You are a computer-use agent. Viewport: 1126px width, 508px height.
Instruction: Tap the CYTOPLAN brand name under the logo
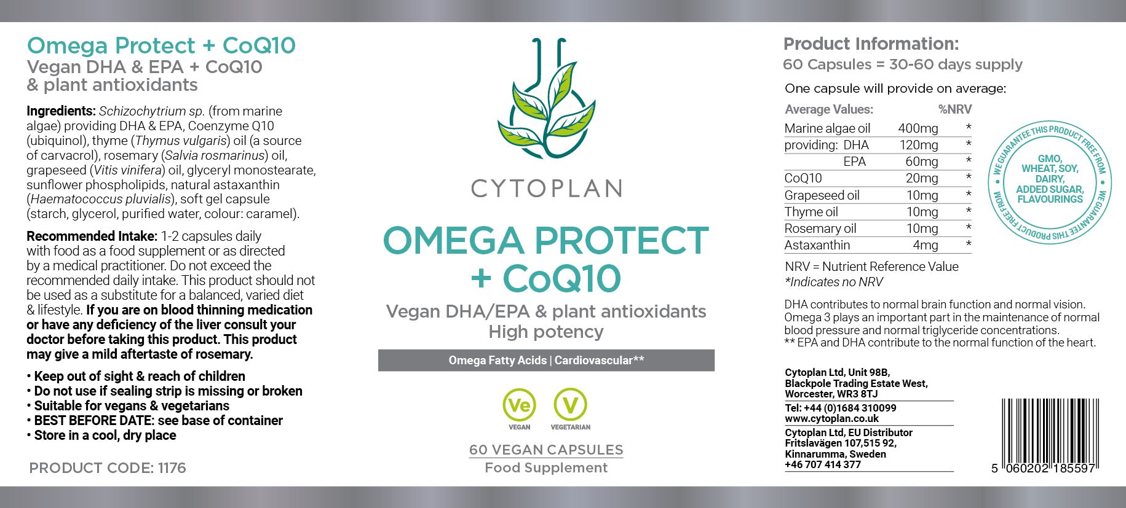click(547, 189)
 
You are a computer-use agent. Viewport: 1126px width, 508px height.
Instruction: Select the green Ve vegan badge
click(520, 409)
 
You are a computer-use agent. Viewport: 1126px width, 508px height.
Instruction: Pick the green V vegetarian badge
click(571, 409)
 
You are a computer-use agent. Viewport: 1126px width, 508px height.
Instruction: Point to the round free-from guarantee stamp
click(1050, 181)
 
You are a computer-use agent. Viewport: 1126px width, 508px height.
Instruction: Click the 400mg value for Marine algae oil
click(918, 128)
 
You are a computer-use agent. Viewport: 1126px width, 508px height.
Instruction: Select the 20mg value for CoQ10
click(922, 178)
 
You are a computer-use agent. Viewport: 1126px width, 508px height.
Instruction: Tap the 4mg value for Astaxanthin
click(926, 245)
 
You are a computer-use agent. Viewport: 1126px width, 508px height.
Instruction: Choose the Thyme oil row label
click(811, 212)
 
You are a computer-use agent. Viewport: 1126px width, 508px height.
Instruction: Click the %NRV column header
click(955, 109)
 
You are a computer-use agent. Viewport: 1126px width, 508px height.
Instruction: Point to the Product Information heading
click(871, 44)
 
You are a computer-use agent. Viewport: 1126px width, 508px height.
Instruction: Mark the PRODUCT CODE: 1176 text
click(108, 468)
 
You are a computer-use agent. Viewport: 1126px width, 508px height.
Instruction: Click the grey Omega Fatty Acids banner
click(546, 361)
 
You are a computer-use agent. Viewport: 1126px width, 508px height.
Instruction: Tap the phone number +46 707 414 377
click(823, 464)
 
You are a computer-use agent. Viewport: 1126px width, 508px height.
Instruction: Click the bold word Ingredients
click(61, 111)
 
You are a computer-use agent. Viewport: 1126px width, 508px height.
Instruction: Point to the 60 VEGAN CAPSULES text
click(546, 450)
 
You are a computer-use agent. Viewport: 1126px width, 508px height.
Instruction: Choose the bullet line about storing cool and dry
click(101, 436)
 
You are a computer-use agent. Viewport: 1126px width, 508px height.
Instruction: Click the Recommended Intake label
click(92, 236)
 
